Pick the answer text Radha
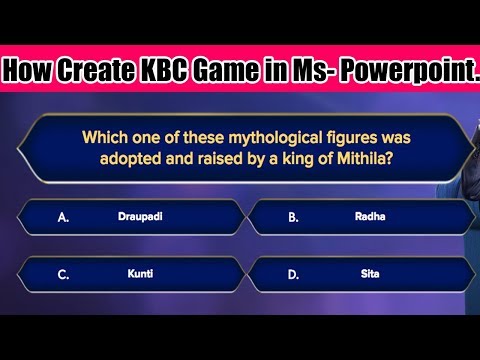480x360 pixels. tap(369, 215)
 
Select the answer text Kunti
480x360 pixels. tap(140, 273)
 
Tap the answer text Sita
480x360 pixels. tap(370, 273)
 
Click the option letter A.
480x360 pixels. tap(63, 216)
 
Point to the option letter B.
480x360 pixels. tap(293, 216)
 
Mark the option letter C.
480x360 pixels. tap(63, 274)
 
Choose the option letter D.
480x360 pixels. tap(293, 274)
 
